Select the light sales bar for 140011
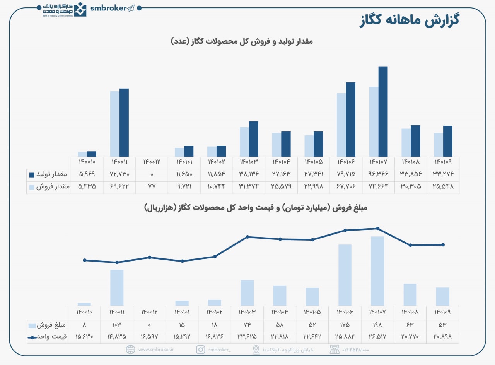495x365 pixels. [115, 124]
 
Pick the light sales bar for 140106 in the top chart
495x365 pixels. [341, 125]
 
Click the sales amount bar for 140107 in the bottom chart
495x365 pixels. [377, 271]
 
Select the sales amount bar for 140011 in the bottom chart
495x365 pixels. [117, 288]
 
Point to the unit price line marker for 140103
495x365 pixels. [247, 237]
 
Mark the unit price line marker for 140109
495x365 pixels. [443, 244]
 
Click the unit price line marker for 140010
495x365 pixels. [84, 260]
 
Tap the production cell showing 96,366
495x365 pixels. [377, 175]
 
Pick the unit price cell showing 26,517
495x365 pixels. [377, 337]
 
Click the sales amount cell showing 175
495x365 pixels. [345, 325]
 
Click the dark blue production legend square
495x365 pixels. [32, 175]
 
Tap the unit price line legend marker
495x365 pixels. [32, 337]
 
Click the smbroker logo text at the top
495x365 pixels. [108, 8]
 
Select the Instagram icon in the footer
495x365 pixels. [200, 350]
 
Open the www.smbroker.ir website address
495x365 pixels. [156, 350]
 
